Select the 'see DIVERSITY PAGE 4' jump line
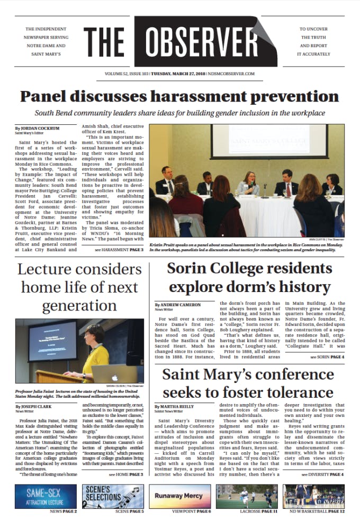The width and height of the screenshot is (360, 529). click(322, 475)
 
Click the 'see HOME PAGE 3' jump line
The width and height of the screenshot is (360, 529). click(126, 475)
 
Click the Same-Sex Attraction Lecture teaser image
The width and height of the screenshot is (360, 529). click(46, 496)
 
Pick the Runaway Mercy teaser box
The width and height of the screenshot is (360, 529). click(179, 496)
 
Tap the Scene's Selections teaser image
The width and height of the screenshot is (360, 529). click(112, 496)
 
